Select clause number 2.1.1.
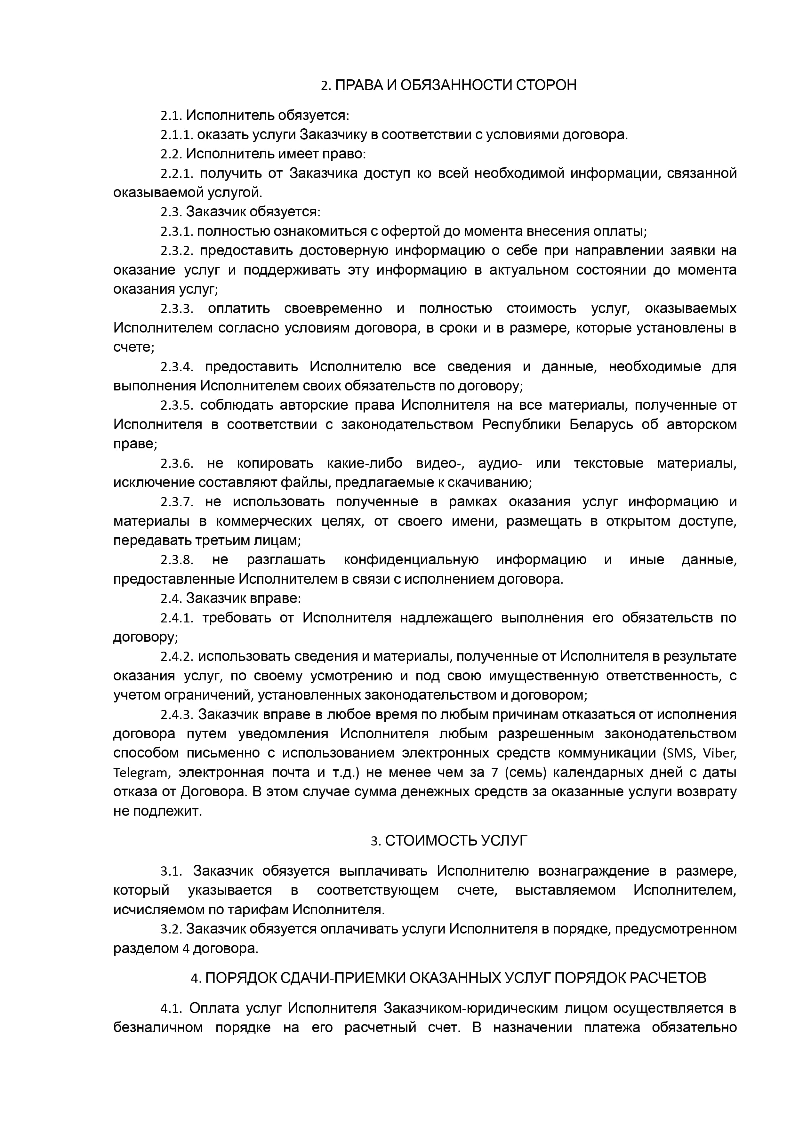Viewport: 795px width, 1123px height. (177, 135)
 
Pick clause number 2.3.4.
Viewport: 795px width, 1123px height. (177, 367)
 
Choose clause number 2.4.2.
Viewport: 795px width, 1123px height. (177, 656)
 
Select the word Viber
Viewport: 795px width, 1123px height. (719, 753)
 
